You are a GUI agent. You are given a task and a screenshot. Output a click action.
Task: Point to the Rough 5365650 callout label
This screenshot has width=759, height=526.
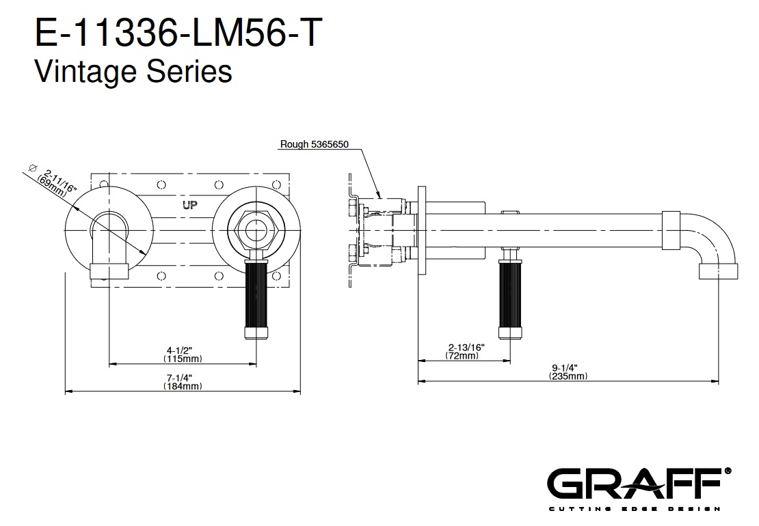[315, 144]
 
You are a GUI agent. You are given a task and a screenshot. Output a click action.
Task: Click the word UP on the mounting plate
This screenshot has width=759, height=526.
[191, 204]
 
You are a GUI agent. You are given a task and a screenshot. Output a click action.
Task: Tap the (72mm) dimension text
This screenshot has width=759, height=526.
[462, 356]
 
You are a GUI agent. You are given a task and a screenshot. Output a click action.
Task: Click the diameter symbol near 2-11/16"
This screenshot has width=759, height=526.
[32, 167]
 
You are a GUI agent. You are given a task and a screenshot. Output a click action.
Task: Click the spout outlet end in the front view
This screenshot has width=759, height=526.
[109, 273]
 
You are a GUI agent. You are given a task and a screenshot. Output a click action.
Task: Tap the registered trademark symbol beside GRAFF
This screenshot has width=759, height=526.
[728, 471]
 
